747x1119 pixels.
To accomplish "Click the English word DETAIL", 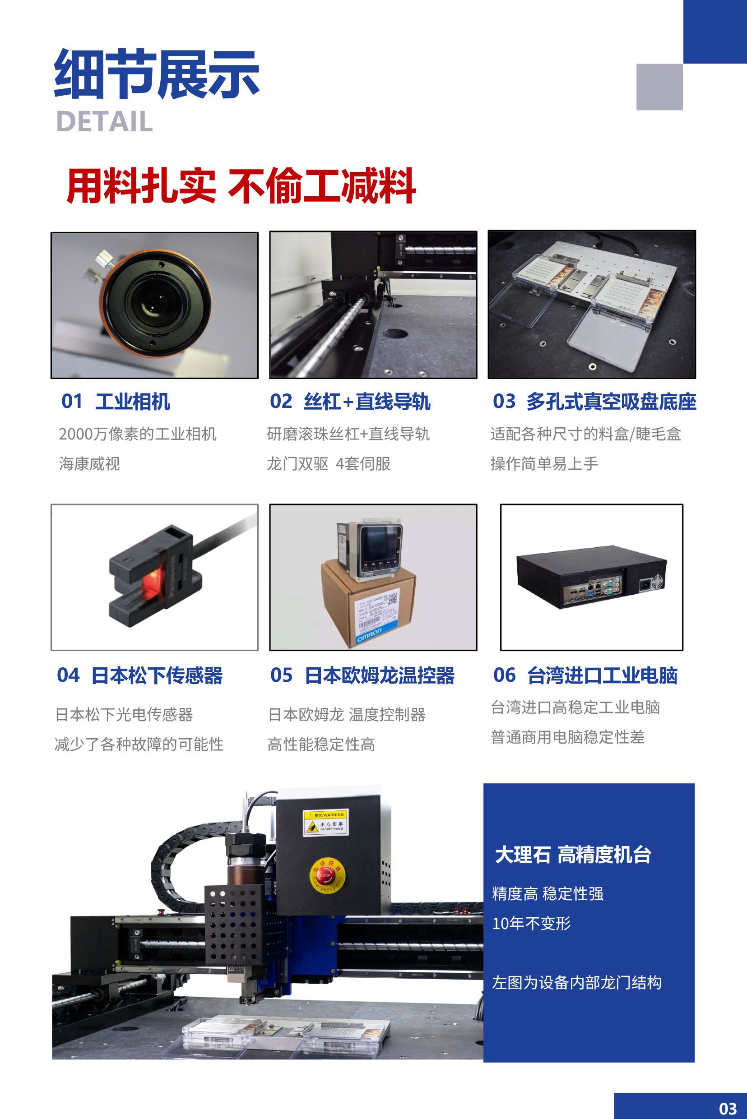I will click(104, 121).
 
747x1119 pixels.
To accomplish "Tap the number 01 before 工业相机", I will click(71, 401).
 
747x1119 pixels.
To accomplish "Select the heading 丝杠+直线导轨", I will click(367, 402).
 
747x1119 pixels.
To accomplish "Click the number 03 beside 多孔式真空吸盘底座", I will click(504, 401).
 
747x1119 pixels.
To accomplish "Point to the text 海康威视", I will click(89, 463).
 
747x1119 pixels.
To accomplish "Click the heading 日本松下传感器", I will click(157, 675).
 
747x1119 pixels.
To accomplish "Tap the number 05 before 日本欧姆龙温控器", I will click(281, 675).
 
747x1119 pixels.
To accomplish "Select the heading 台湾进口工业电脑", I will click(602, 675).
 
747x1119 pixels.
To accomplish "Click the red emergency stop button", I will click(328, 875).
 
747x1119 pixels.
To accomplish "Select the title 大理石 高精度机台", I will click(573, 855).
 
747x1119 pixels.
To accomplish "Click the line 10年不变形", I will click(531, 924).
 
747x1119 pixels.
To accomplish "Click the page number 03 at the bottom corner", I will click(728, 1108).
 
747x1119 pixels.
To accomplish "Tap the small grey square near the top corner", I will click(659, 87).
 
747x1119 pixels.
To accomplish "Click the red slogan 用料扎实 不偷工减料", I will click(241, 186).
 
